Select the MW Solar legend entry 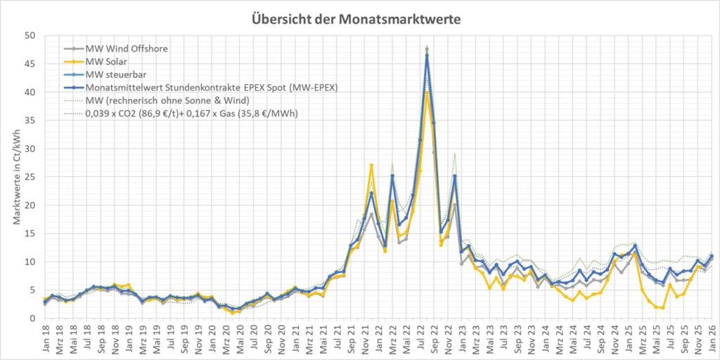(x=105, y=62)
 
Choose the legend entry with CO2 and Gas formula (x=191, y=112)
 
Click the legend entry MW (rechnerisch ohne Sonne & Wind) (x=168, y=101)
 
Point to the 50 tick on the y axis (x=30, y=35)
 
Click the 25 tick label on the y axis (x=30, y=176)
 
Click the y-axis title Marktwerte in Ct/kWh (x=16, y=176)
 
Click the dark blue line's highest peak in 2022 (x=427, y=55)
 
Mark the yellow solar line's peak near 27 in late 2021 (x=371, y=165)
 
